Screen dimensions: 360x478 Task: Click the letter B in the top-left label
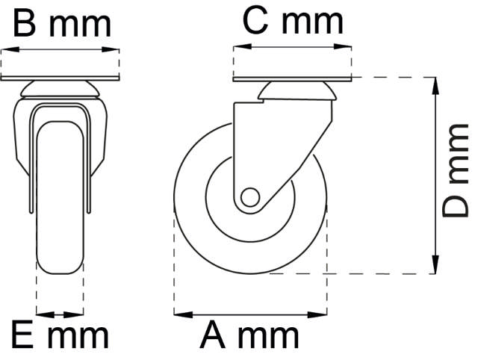click(x=25, y=24)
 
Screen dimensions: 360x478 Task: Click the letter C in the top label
click(x=256, y=22)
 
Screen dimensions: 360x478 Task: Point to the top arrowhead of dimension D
click(x=435, y=83)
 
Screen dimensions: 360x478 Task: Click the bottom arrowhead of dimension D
click(x=435, y=267)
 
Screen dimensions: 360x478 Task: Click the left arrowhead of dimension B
click(x=7, y=50)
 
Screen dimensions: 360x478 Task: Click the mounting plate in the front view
click(x=60, y=80)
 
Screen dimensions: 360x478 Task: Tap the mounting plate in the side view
click(x=292, y=79)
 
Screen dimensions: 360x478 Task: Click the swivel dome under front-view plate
click(x=60, y=91)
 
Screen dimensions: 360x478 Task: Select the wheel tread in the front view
click(x=60, y=194)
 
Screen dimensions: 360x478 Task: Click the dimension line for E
click(x=60, y=314)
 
